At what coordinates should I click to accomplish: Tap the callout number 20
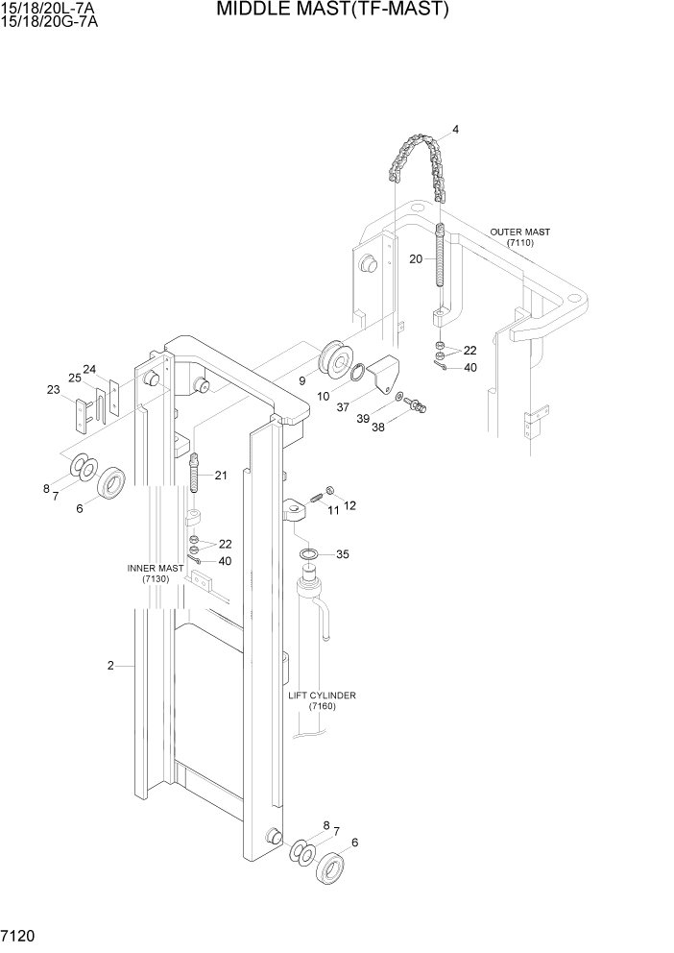point(416,259)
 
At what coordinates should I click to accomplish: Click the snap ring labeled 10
point(356,374)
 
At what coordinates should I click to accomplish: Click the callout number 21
point(221,476)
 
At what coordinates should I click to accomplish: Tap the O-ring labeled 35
point(310,555)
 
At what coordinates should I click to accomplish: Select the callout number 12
point(349,505)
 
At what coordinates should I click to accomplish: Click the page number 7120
point(20,935)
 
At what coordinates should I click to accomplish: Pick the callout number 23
point(53,389)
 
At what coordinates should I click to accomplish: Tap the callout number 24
point(89,369)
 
